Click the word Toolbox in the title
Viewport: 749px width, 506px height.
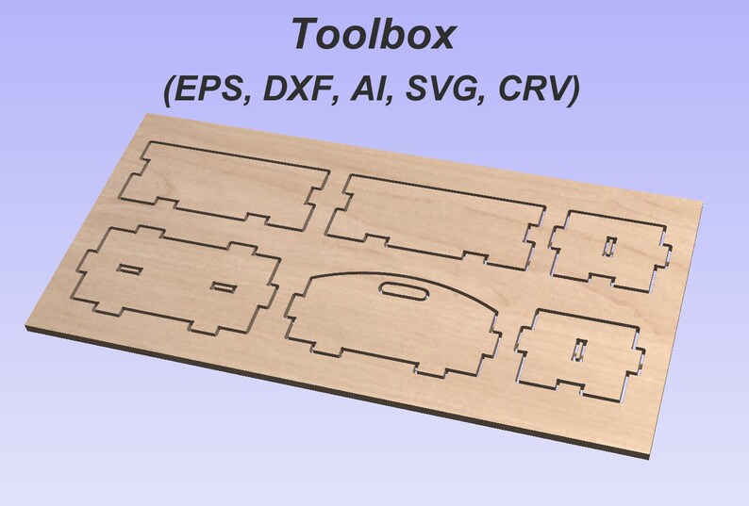[373, 33]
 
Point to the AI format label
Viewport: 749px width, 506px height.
[369, 89]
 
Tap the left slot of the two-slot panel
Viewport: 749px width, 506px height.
[129, 269]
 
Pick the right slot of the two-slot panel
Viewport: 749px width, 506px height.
[223, 287]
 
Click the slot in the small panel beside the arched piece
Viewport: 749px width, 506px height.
[580, 350]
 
